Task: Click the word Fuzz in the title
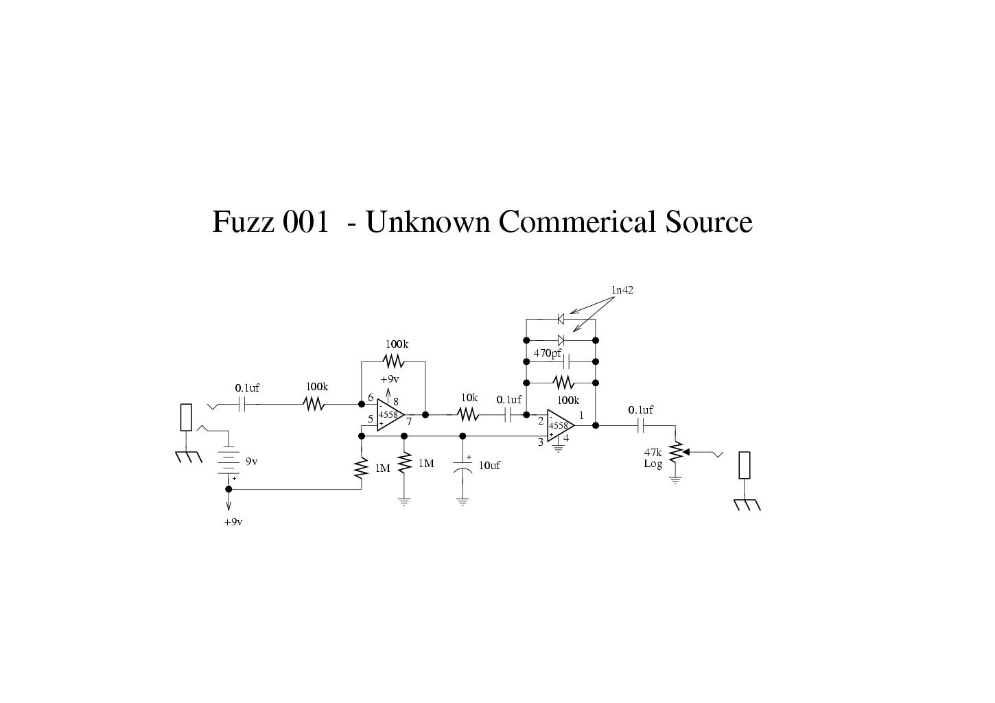point(243,222)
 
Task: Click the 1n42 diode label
point(622,290)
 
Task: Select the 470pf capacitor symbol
point(566,362)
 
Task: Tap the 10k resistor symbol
point(468,415)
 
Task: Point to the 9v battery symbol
point(229,462)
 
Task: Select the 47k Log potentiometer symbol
point(676,452)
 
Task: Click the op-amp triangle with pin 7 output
point(390,415)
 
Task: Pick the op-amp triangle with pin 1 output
point(561,425)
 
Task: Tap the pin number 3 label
point(541,442)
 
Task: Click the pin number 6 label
point(371,398)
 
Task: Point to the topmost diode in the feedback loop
point(561,319)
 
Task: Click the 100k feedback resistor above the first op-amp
point(393,361)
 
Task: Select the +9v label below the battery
point(233,522)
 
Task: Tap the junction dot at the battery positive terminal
point(229,490)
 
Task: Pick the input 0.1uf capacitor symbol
point(242,404)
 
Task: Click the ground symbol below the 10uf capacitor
point(463,501)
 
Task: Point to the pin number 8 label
point(396,402)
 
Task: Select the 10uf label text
point(489,466)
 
